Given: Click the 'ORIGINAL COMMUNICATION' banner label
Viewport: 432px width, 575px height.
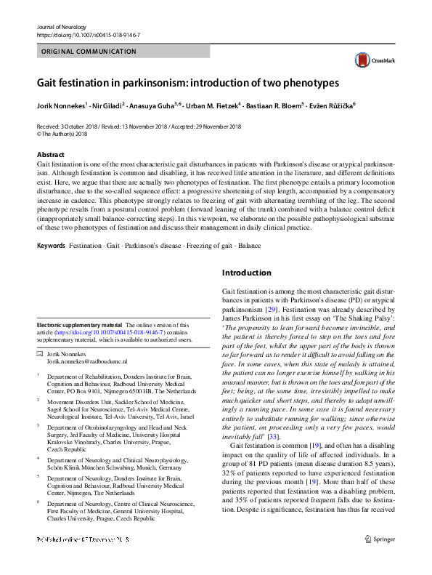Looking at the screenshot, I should point(84,52).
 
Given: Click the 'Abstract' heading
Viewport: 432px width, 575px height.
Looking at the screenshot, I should point(50,155).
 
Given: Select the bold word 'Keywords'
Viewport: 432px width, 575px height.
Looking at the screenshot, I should point(51,246).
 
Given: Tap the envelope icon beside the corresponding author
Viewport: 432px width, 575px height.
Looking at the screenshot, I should point(40,353).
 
